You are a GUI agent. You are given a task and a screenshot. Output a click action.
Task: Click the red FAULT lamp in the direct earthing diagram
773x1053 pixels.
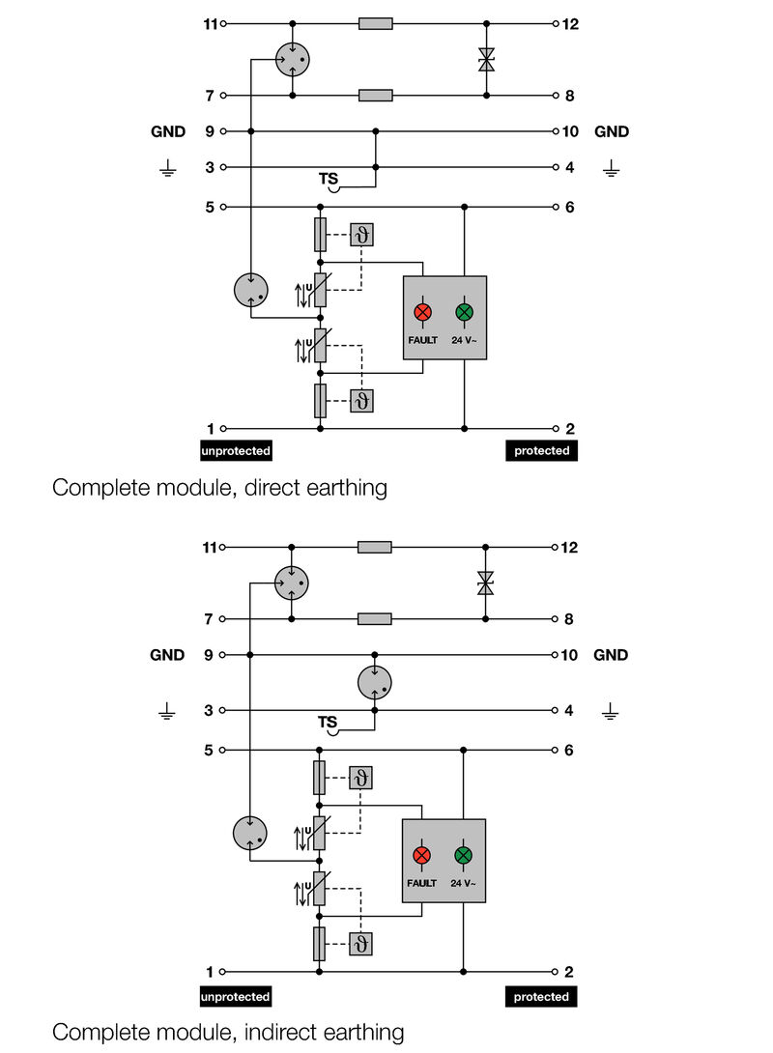[x=422, y=312]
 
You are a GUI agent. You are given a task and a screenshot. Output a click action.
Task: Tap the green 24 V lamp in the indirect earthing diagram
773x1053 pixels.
[x=464, y=855]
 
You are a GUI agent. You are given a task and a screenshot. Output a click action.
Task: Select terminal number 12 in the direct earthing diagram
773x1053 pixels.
[x=570, y=23]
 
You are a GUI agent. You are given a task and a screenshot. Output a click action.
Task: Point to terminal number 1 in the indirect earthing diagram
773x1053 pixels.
[x=209, y=972]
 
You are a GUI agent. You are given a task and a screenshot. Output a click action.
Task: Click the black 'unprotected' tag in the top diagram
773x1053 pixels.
[x=236, y=451]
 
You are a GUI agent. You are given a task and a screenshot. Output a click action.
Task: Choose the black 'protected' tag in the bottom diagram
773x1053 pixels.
[x=541, y=996]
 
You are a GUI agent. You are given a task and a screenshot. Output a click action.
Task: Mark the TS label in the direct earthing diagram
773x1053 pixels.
[x=328, y=179]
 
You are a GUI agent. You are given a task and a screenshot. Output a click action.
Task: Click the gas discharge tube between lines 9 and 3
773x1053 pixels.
[x=374, y=682]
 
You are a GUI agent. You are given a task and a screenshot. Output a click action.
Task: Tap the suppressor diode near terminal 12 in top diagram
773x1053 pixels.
[x=486, y=60]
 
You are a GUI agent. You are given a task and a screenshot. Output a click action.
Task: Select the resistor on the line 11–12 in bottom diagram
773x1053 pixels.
[x=375, y=547]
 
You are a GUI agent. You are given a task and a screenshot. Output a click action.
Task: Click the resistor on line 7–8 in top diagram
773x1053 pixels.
[x=376, y=96]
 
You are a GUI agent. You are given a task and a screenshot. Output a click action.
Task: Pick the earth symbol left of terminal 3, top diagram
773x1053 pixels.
[x=167, y=170]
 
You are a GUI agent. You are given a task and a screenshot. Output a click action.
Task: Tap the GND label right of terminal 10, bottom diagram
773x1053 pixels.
[x=611, y=655]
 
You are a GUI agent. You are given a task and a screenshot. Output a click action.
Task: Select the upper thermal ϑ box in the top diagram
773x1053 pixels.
[x=361, y=235]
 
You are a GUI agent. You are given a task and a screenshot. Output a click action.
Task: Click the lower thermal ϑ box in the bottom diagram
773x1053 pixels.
[x=361, y=942]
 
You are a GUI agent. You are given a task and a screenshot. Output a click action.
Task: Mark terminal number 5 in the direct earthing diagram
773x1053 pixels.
[x=209, y=207]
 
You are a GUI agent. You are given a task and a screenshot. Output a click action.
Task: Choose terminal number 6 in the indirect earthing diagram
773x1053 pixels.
[x=568, y=750]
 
